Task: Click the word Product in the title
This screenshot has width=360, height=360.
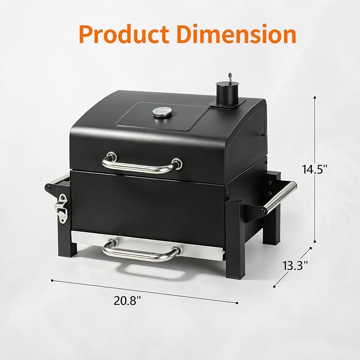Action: (x=124, y=34)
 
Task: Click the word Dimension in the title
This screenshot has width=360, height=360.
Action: (x=236, y=34)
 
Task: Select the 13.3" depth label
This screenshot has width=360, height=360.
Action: (x=295, y=266)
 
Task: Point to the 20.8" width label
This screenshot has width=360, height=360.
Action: (x=127, y=301)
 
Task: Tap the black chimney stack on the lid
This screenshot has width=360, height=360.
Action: (x=226, y=93)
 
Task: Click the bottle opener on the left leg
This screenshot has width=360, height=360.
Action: (x=62, y=208)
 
